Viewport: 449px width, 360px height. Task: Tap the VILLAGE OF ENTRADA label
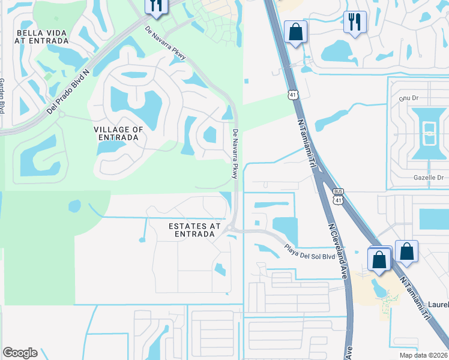pos(118,133)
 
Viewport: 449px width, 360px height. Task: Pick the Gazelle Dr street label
pos(427,178)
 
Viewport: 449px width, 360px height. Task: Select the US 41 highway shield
pos(292,94)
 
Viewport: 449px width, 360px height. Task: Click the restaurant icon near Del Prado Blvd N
pos(155,7)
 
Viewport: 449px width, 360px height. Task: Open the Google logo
pos(20,353)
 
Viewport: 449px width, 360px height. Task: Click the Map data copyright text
pos(423,355)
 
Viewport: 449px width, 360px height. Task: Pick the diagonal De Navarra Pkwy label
pos(166,43)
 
